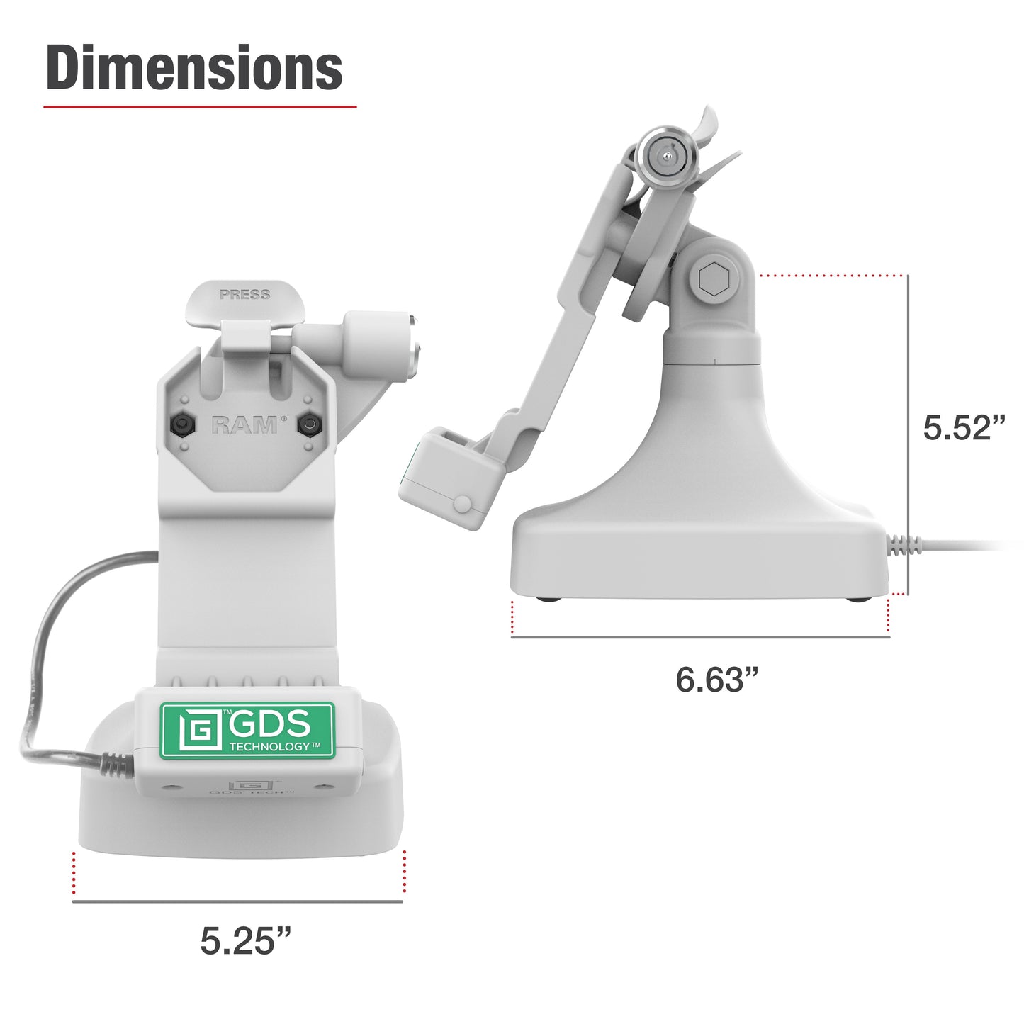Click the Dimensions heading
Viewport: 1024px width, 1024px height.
pos(194,68)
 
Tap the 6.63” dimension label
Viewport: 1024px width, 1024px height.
pos(716,679)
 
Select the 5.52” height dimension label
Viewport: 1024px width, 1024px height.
pos(964,427)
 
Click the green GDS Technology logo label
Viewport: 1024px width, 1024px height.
pos(246,730)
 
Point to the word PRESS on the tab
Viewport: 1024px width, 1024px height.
pos(244,294)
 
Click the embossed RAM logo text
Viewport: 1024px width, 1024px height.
pos(244,424)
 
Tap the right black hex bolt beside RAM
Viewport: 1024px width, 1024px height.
pos(308,424)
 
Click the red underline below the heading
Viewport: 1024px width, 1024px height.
pos(200,107)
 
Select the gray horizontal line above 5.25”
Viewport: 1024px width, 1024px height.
pos(237,901)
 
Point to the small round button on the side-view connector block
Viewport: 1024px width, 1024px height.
pos(462,504)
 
